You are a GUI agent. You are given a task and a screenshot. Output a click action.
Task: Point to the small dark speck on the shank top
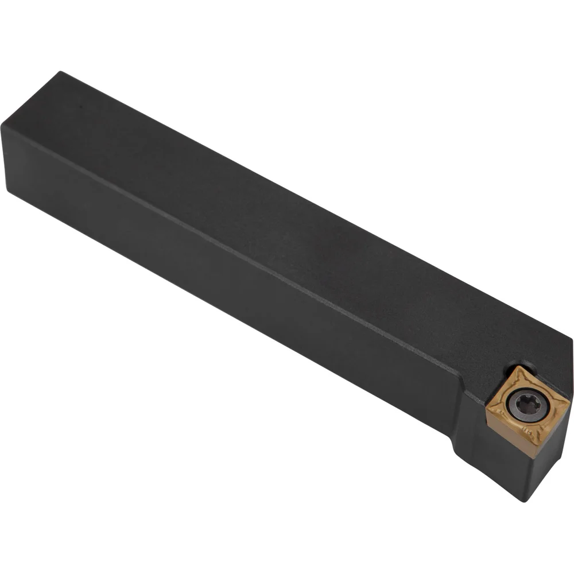[80, 107]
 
